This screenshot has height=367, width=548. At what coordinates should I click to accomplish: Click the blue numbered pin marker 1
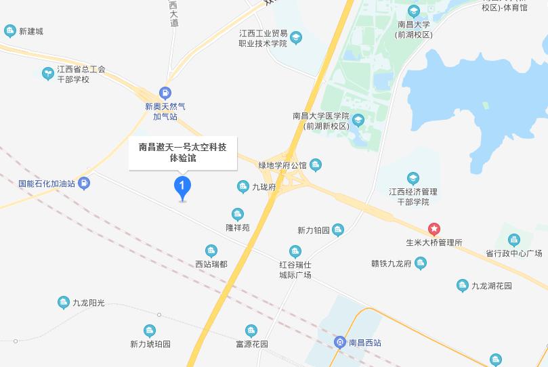click(x=182, y=186)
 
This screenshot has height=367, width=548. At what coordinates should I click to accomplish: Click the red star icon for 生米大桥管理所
click(x=434, y=229)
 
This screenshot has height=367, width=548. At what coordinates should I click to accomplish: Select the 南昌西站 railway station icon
click(x=339, y=342)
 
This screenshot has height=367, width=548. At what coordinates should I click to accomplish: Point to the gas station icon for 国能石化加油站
click(x=83, y=183)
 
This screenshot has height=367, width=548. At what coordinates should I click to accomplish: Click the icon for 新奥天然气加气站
click(x=165, y=93)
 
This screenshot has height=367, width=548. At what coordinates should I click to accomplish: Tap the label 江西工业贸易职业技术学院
click(x=264, y=38)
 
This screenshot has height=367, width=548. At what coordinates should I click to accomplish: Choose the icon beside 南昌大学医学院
click(x=358, y=121)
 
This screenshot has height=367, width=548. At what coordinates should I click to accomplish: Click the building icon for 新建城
click(x=9, y=30)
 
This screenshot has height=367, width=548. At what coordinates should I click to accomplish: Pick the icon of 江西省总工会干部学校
click(x=47, y=73)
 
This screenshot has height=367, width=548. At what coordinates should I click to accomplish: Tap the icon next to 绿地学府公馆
click(x=316, y=165)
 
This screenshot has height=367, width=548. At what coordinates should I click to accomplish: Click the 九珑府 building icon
click(x=243, y=186)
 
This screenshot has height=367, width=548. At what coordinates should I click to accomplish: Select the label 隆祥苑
click(x=238, y=228)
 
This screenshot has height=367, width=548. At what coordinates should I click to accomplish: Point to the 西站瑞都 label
click(x=211, y=263)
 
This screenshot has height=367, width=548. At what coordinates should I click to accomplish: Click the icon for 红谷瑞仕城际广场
click(x=295, y=251)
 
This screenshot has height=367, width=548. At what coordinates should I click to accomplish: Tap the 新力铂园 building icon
click(x=338, y=230)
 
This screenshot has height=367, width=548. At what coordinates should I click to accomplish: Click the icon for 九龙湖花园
click(x=462, y=286)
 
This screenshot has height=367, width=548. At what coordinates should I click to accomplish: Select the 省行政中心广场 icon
click(x=513, y=240)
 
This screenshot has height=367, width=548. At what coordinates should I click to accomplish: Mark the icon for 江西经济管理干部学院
click(x=414, y=178)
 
